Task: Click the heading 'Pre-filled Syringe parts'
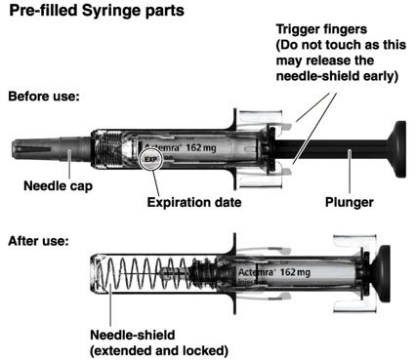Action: tap(97, 11)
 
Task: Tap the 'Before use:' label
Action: tap(44, 97)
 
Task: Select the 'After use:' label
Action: tap(39, 241)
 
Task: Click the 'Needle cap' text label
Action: tap(59, 186)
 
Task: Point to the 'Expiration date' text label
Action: tap(194, 202)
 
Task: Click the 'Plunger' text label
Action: tap(350, 202)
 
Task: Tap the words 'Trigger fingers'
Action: tap(321, 29)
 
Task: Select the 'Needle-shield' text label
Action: tap(133, 335)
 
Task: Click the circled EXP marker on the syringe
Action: tap(151, 159)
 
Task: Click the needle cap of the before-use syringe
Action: tap(52, 149)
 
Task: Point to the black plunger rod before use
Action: tap(330, 149)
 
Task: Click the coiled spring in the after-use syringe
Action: tap(145, 273)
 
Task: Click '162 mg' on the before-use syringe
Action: tap(201, 148)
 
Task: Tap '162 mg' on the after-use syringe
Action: tap(295, 272)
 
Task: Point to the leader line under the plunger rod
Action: tap(350, 172)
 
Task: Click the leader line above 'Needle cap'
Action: tap(69, 164)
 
